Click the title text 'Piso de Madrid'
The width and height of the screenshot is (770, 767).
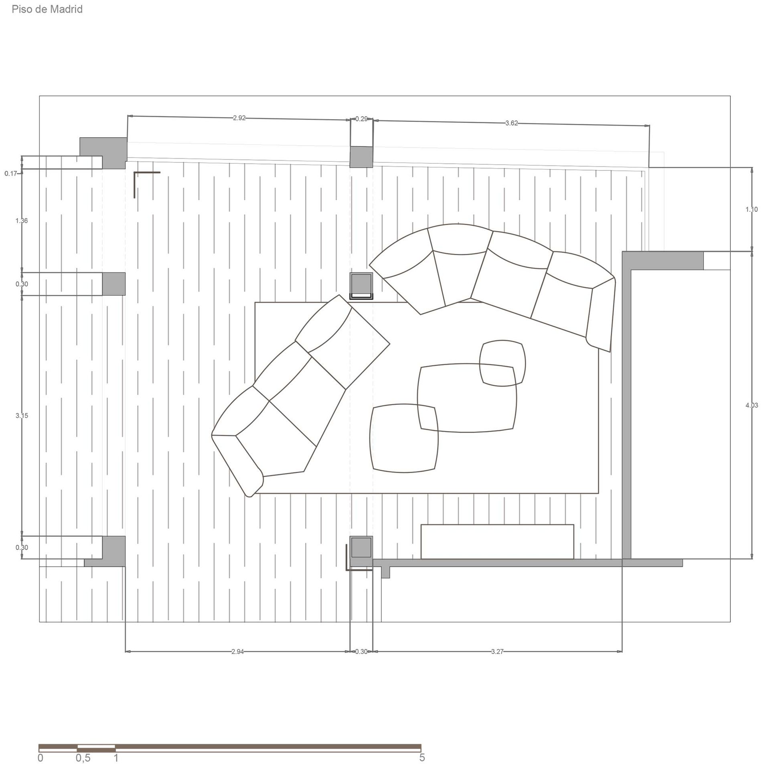click(x=47, y=9)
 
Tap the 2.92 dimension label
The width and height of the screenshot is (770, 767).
click(x=239, y=118)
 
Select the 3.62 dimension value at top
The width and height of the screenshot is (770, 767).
click(x=511, y=123)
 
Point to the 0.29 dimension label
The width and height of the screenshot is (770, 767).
click(x=361, y=119)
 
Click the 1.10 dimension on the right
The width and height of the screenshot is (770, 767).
click(x=752, y=209)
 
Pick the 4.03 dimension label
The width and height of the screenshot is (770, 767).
click(x=752, y=405)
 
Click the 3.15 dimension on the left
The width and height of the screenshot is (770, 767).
click(x=22, y=416)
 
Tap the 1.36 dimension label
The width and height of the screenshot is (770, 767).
click(x=22, y=220)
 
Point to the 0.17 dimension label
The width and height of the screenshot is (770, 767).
click(x=11, y=174)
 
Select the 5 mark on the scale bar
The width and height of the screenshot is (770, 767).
click(x=422, y=757)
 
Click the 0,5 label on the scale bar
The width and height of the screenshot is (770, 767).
click(x=83, y=758)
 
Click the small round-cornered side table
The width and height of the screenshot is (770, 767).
click(x=503, y=363)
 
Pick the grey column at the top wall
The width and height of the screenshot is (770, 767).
click(x=361, y=157)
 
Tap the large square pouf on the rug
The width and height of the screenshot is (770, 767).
click(x=404, y=438)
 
